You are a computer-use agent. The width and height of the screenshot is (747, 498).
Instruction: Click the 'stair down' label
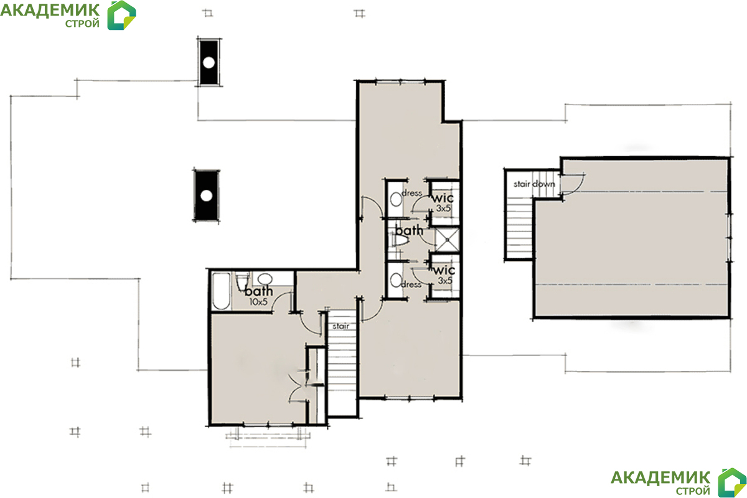(x=534, y=184)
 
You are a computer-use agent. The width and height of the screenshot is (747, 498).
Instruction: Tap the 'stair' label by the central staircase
(x=341, y=326)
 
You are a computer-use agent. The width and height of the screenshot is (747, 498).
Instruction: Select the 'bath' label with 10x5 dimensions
(x=258, y=291)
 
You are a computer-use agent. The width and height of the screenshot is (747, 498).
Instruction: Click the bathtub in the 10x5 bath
(x=221, y=291)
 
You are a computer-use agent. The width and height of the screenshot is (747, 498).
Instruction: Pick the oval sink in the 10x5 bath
(x=265, y=279)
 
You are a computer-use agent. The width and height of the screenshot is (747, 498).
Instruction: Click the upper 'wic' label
(x=443, y=198)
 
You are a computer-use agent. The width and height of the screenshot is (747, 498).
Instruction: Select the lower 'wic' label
(x=444, y=270)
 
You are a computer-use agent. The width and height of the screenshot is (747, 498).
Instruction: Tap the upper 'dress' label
(x=412, y=193)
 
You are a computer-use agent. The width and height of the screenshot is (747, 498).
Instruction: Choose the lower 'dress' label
(x=411, y=284)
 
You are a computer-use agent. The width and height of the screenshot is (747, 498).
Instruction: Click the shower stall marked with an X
(x=447, y=239)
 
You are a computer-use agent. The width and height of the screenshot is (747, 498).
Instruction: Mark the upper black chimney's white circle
(x=209, y=63)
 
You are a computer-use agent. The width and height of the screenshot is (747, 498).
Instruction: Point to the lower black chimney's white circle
(x=207, y=195)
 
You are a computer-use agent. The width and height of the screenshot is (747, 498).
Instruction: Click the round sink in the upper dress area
(x=396, y=199)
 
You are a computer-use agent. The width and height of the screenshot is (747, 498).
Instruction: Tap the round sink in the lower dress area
(x=396, y=280)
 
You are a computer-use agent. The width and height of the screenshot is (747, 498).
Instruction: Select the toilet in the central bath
(x=400, y=240)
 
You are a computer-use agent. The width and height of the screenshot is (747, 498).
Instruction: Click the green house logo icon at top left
(x=121, y=16)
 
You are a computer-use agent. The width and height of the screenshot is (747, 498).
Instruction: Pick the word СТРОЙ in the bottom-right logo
(x=693, y=491)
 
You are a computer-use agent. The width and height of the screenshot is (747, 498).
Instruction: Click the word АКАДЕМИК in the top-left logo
(x=50, y=11)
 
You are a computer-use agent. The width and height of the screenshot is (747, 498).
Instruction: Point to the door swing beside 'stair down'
(x=573, y=184)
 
